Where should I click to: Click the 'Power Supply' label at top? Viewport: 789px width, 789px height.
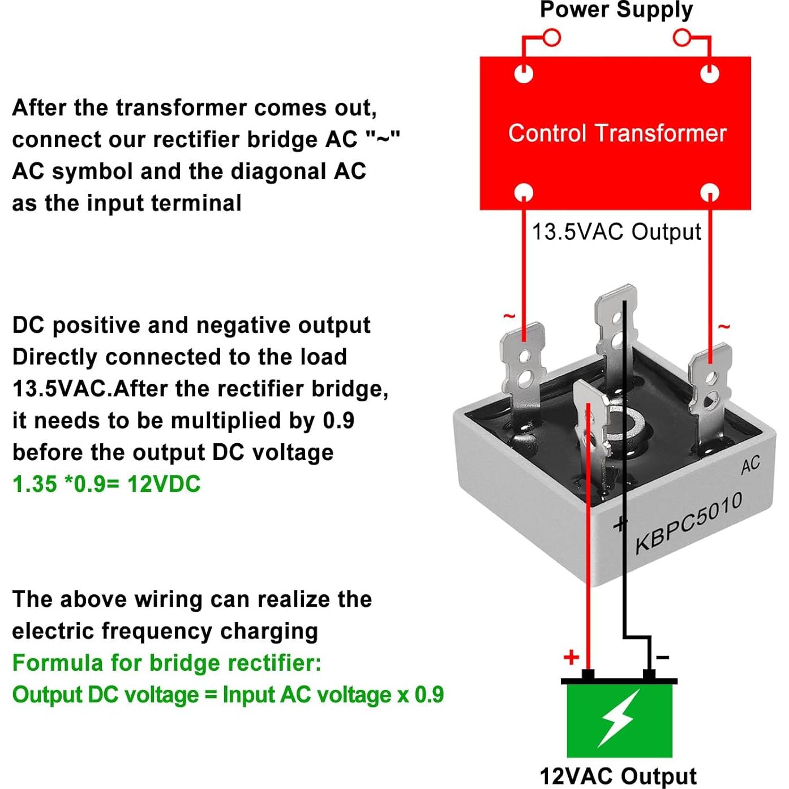click(x=616, y=10)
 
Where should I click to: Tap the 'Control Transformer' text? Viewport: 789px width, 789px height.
click(x=617, y=134)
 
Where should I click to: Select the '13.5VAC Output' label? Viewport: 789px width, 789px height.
click(x=616, y=232)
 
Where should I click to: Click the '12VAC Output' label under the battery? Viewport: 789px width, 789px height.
click(x=618, y=776)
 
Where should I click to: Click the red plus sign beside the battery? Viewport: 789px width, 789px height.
click(x=571, y=657)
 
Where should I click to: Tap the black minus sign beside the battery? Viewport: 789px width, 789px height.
click(x=662, y=657)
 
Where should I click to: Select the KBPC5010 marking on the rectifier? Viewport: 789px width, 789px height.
click(x=688, y=523)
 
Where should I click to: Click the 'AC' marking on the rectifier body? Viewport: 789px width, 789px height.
click(x=751, y=465)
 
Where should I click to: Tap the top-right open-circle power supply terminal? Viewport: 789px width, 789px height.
click(x=682, y=38)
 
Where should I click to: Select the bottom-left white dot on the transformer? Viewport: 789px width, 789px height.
click(x=524, y=192)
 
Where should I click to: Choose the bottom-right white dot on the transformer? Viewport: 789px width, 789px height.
click(x=710, y=192)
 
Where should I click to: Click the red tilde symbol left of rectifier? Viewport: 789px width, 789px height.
click(x=509, y=316)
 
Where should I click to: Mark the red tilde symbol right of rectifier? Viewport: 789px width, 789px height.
click(x=724, y=327)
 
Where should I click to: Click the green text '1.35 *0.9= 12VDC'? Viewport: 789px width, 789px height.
click(x=106, y=484)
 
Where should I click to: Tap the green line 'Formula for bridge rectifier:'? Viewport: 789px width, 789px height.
click(x=166, y=663)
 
